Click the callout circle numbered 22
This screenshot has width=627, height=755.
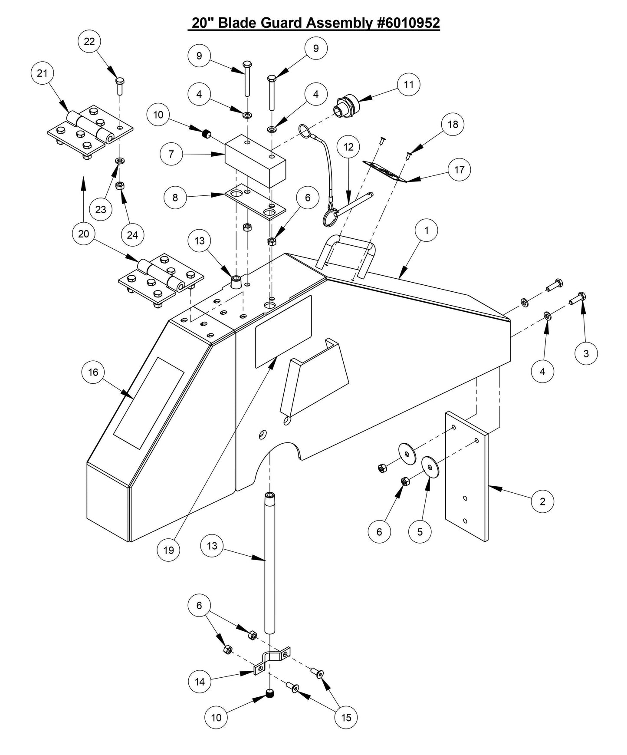(89, 42)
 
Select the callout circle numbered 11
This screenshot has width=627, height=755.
(408, 84)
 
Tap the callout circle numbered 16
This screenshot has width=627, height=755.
(93, 372)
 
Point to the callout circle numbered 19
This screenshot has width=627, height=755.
(168, 550)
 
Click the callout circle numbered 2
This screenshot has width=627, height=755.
(542, 501)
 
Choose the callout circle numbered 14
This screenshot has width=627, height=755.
(200, 681)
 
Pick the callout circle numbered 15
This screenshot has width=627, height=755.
(346, 717)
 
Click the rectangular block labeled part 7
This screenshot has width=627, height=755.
(255, 161)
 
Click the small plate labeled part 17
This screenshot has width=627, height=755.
(384, 172)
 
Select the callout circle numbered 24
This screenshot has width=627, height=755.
(132, 234)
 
